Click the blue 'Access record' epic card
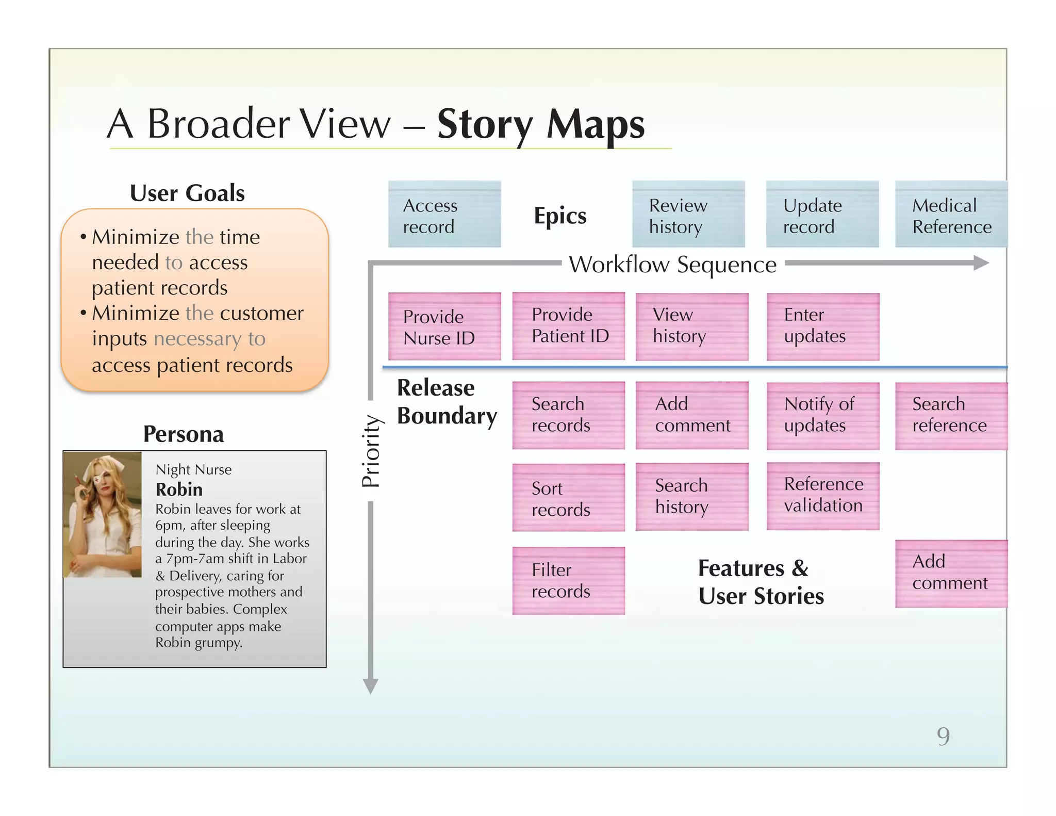444,214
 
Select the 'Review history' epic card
688,214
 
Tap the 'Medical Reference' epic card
951,214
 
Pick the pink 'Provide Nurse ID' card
444,327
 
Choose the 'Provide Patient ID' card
569,326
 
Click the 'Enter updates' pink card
823,327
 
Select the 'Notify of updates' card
823,416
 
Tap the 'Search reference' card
951,416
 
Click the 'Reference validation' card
823,496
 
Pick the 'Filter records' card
569,580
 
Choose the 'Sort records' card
569,498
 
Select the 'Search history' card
692,496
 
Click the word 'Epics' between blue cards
560,216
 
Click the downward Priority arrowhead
370,686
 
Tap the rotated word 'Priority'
371,451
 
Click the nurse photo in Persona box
103,514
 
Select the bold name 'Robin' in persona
179,489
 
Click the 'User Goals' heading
187,193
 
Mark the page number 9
943,736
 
